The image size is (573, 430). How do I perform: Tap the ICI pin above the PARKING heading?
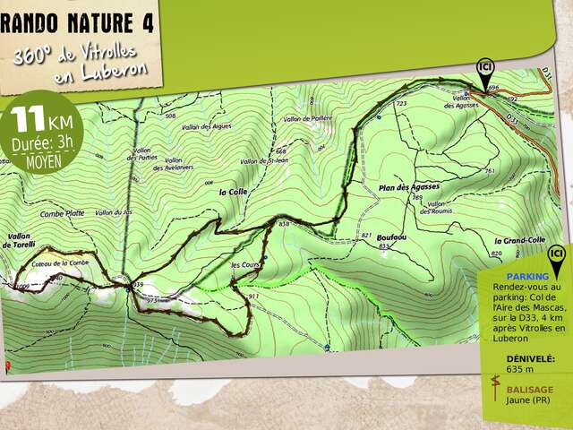(x=557, y=255)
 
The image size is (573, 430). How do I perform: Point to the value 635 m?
(x=519, y=369)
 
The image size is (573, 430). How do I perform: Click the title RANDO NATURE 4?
(x=79, y=22)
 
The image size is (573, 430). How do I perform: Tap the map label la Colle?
(x=231, y=192)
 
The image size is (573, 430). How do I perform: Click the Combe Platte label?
(x=63, y=213)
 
